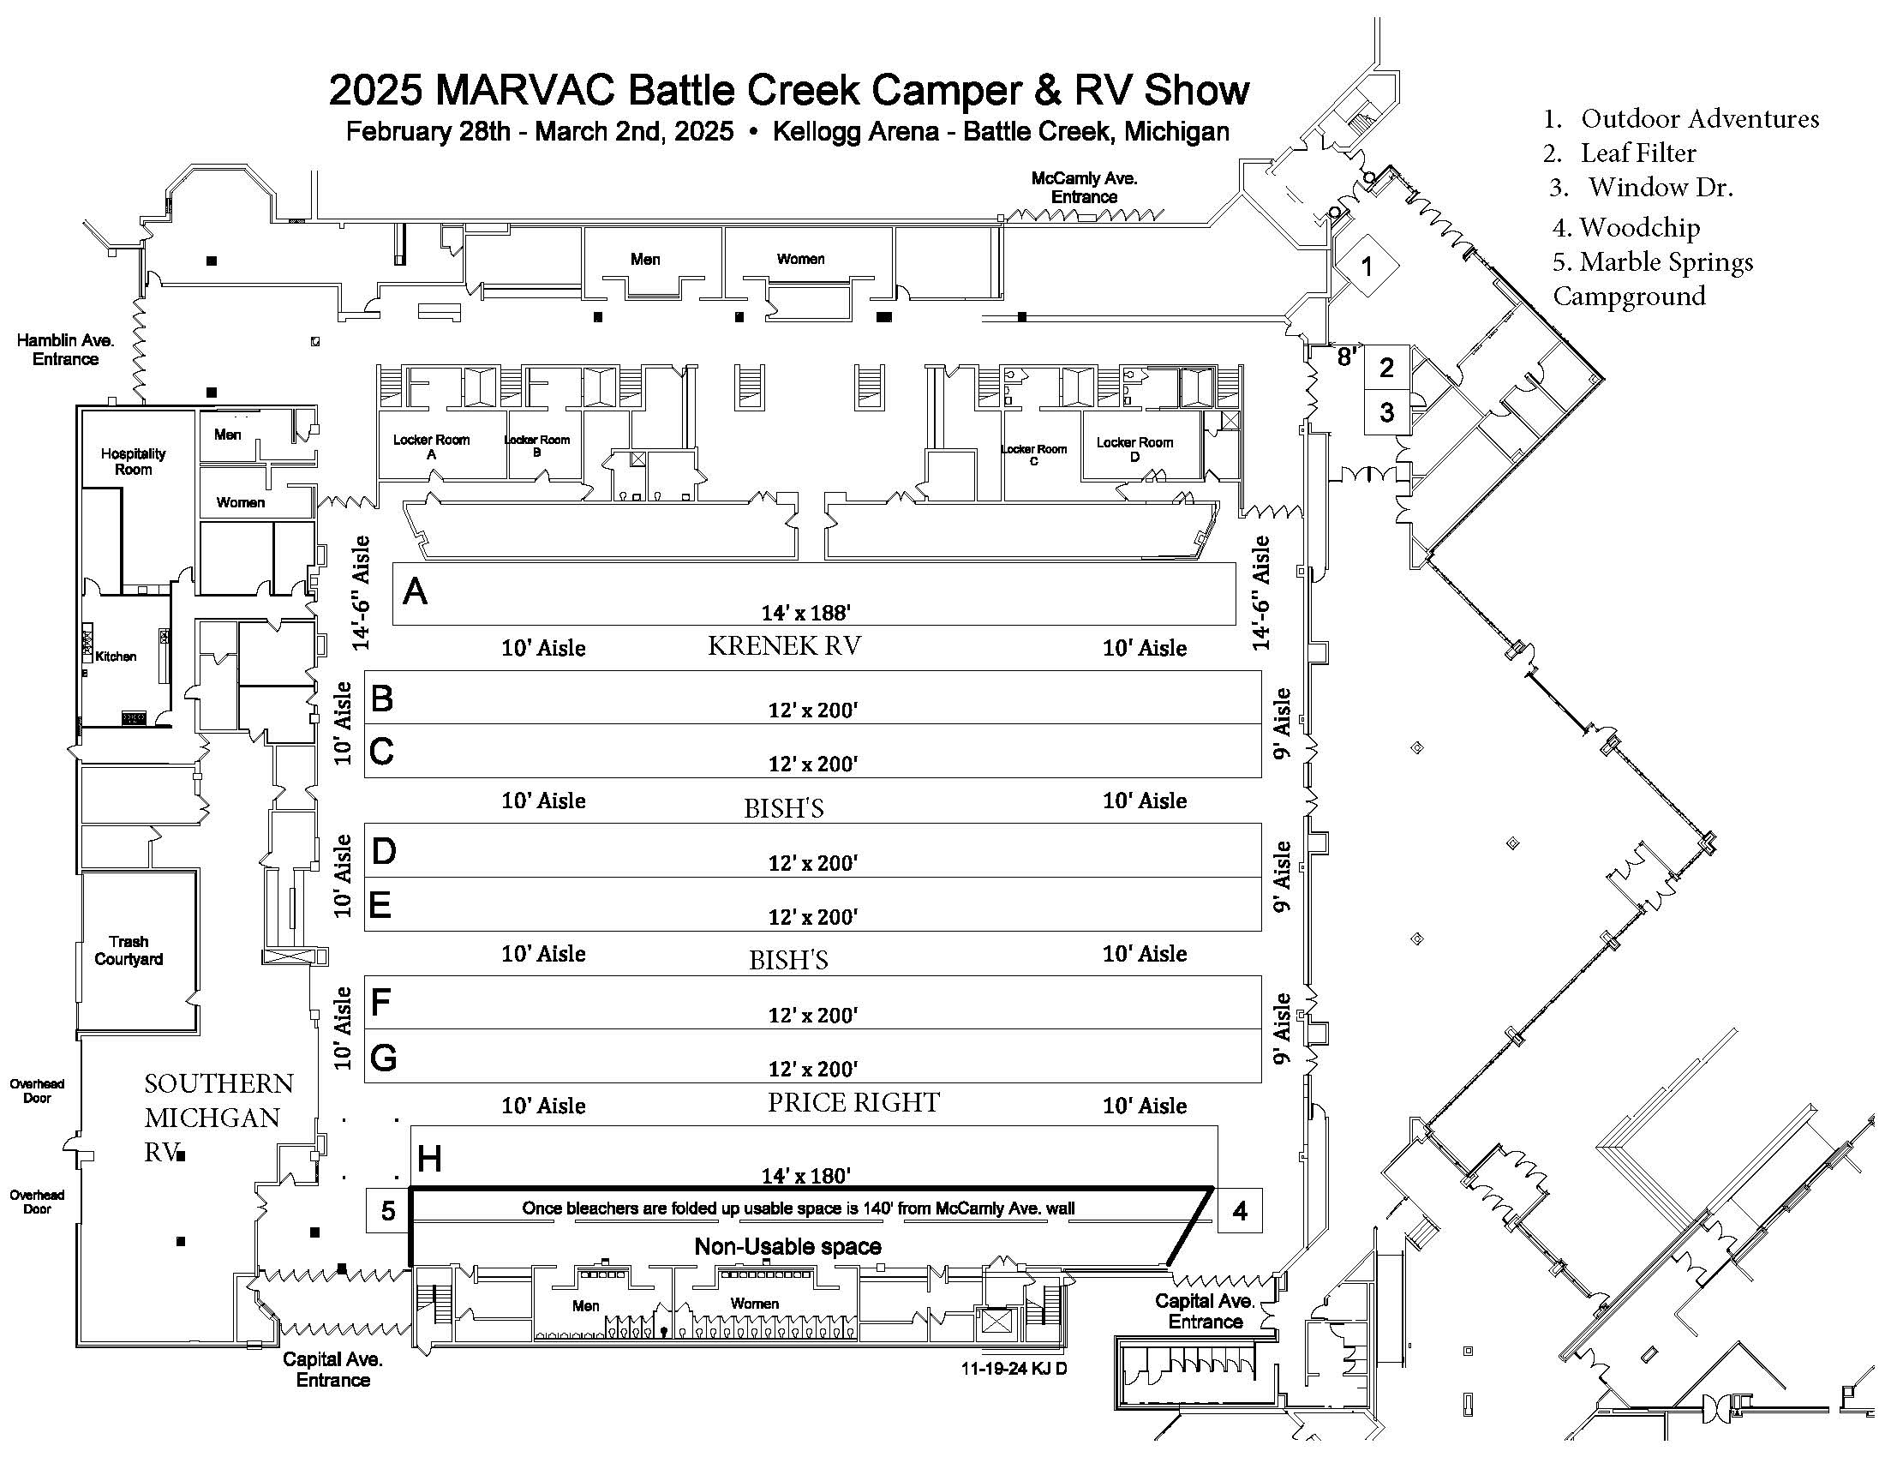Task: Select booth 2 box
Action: tap(1386, 368)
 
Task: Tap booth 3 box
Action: tap(1386, 412)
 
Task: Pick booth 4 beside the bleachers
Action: tap(1240, 1212)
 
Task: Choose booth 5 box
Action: tap(387, 1212)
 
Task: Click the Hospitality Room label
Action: tap(133, 462)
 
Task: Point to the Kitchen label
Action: tap(116, 657)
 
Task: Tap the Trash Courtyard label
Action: tap(129, 950)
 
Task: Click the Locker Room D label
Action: tap(1134, 449)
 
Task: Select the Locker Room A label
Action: tap(432, 447)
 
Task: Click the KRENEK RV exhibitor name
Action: tap(784, 646)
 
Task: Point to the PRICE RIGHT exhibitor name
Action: tap(853, 1102)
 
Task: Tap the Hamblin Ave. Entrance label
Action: tap(66, 350)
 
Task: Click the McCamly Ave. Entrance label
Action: tap(1084, 188)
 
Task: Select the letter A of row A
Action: tap(416, 592)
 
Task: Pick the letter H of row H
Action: tap(429, 1160)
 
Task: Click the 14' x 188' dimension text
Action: tap(806, 613)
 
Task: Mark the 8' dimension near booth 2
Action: tap(1345, 357)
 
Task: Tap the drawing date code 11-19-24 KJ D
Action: tap(1014, 1369)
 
